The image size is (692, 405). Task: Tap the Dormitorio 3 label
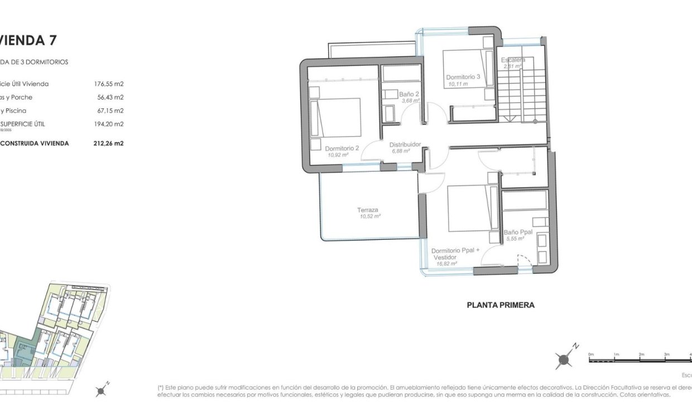463,77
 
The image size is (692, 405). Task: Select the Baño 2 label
409,94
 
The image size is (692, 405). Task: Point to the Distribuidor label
405,144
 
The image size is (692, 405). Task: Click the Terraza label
368,210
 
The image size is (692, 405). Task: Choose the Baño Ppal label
518,232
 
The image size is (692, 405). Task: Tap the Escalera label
512,60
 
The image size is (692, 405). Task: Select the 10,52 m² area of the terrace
369,216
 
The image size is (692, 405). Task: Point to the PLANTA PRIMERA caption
500,305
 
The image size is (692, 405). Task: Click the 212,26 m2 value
108,143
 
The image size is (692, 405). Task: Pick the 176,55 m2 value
108,84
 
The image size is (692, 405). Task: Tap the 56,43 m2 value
110,98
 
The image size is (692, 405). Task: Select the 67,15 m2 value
110,111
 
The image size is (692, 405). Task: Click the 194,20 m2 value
108,124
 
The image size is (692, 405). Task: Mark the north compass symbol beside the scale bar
565,359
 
